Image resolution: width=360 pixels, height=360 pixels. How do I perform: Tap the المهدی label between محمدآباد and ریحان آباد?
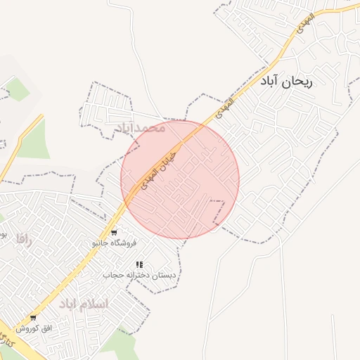(226, 108)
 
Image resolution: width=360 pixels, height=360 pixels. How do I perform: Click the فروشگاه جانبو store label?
(113, 243)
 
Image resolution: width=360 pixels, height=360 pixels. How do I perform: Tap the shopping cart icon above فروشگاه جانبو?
(114, 233)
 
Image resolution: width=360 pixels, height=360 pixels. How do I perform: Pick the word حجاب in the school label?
(114, 275)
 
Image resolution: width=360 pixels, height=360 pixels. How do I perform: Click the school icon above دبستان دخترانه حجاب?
(139, 264)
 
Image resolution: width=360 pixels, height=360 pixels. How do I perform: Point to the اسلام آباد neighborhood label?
(84, 304)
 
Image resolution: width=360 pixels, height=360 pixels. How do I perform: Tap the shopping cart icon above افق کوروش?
(33, 318)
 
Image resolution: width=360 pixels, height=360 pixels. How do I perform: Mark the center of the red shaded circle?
(180, 179)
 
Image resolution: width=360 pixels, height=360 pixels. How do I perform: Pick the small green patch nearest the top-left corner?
(17, 89)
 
